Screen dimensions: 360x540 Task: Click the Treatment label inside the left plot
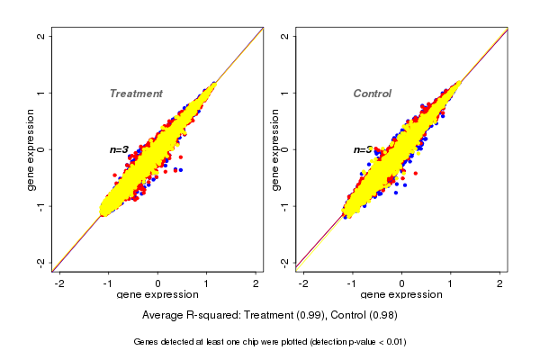pos(136,94)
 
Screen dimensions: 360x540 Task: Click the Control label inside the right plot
pos(373,94)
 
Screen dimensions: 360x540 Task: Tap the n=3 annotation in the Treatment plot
pos(119,149)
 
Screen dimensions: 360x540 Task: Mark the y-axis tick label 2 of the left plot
pos(41,36)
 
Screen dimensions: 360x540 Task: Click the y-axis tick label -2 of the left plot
pos(41,262)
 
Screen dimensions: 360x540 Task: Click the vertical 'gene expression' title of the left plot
pos(31,149)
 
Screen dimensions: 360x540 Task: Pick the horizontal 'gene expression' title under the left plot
pos(157,295)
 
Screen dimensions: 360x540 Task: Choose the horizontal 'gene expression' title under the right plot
pos(401,295)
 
